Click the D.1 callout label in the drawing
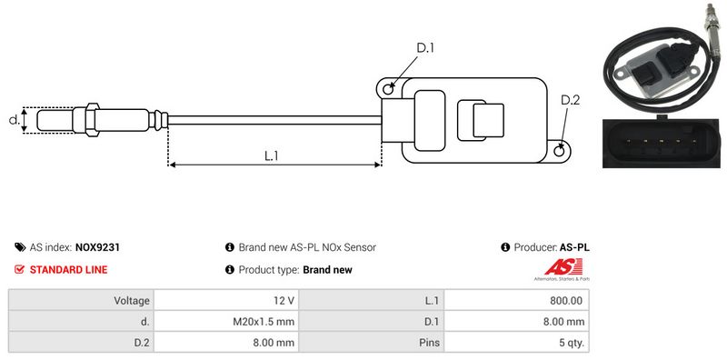[425, 48]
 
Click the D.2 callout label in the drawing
[571, 100]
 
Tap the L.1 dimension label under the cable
[271, 155]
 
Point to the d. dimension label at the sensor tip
[15, 120]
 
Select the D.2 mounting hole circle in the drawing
[560, 150]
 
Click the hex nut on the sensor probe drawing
[92, 119]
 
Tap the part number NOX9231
[97, 247]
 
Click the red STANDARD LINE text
[69, 269]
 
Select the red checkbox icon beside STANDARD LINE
[19, 269]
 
